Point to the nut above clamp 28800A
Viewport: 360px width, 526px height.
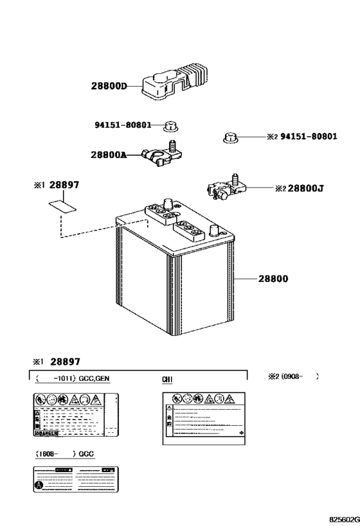170,125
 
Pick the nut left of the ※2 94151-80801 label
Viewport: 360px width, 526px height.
229,136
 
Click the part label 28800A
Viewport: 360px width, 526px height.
108,155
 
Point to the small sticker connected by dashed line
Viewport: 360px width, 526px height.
62,207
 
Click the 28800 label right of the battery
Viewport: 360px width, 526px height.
273,279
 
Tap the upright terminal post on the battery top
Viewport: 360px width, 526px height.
169,204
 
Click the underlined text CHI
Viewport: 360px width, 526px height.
167,380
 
